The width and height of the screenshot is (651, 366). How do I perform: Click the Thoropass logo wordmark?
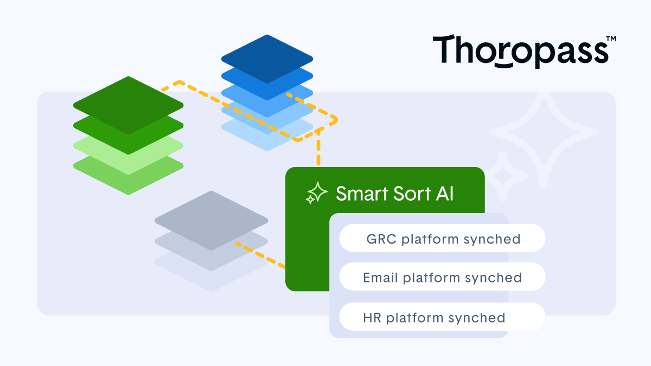[520, 51]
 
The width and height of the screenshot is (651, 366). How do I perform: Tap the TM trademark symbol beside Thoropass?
[610, 39]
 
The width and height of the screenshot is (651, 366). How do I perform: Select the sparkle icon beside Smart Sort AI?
[316, 193]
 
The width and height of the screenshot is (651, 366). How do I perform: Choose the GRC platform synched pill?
[442, 239]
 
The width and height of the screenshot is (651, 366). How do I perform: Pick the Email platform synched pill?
[442, 278]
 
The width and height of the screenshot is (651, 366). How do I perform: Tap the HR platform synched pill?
[442, 317]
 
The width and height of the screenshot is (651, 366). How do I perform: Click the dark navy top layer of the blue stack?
[267, 55]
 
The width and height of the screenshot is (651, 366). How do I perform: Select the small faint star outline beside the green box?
[503, 176]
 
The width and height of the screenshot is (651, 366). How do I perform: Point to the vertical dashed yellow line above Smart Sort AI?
[318, 149]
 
